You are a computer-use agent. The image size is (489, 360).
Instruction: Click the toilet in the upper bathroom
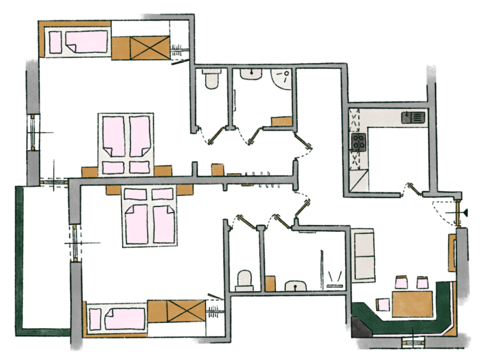[x=210, y=80]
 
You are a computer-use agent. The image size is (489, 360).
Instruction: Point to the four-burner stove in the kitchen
[x=358, y=141]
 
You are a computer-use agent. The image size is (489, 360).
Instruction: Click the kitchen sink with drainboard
[x=412, y=117]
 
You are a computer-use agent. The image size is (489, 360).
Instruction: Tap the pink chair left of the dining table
[x=384, y=305]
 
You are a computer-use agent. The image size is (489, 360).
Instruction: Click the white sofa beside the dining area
[x=365, y=254]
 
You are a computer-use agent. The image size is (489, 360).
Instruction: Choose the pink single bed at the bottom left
[x=115, y=317]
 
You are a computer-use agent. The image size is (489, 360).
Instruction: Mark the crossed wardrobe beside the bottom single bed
[x=185, y=312]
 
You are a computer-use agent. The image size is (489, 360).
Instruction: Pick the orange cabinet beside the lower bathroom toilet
[x=270, y=283]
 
